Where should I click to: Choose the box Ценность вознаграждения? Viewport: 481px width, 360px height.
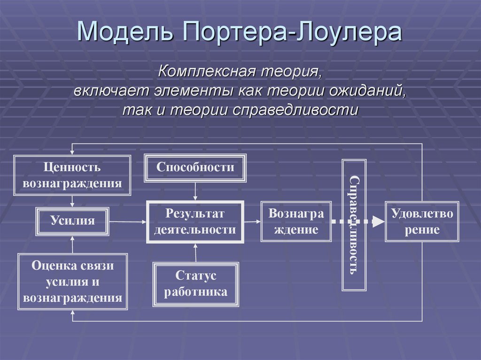[72, 175]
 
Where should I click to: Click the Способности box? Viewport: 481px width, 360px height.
[195, 167]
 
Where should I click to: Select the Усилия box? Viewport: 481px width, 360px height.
[72, 220]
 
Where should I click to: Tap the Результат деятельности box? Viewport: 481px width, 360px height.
[195, 222]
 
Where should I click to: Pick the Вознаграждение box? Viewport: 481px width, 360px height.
[296, 222]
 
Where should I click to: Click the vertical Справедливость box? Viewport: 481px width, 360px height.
[355, 225]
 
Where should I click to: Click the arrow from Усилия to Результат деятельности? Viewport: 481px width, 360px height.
[128, 221]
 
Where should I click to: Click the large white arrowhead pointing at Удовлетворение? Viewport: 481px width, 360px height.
[378, 222]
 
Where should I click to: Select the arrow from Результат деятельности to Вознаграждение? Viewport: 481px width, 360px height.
[252, 221]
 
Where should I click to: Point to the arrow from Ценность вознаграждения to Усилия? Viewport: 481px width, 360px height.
[72, 201]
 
